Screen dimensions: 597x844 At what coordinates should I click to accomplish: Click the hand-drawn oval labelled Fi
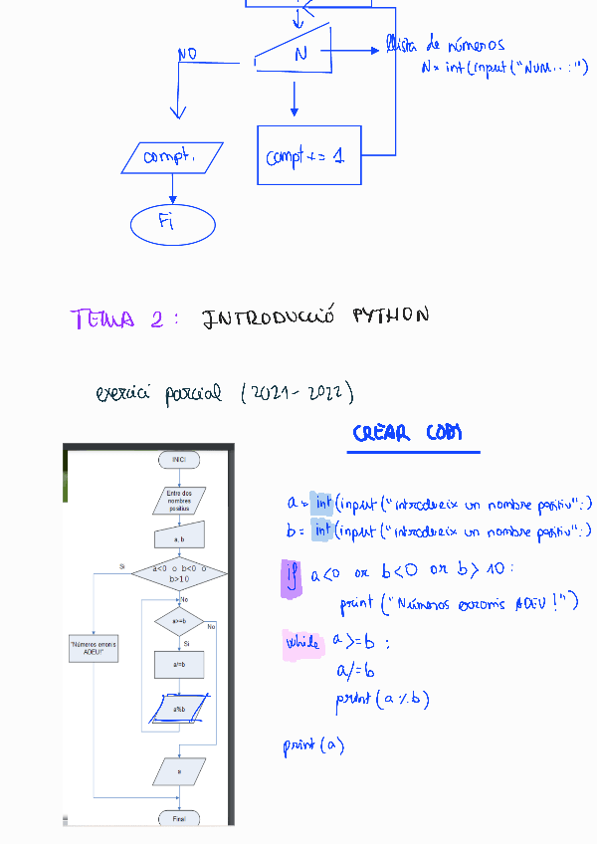(x=172, y=223)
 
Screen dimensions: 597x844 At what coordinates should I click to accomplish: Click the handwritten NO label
(x=187, y=54)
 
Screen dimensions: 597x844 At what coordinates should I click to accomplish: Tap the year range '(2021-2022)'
(x=298, y=393)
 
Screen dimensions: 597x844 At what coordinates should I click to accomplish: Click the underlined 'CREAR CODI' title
(x=408, y=434)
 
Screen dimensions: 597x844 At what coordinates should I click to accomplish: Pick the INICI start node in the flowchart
(x=179, y=460)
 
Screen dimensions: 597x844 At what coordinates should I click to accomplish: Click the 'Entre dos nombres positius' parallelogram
(x=179, y=500)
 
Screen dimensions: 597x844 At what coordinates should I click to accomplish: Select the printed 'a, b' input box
(x=179, y=538)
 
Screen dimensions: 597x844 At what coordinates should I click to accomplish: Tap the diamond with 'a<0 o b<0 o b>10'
(x=179, y=574)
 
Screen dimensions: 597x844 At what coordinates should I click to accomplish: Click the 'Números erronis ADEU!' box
(x=94, y=649)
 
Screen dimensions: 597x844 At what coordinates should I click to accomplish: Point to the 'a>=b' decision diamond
(x=179, y=622)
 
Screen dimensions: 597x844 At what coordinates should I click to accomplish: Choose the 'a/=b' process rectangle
(x=179, y=664)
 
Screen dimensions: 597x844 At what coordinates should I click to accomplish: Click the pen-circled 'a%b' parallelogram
(x=179, y=709)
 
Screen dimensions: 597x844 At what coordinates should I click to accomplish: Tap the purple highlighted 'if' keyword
(x=293, y=577)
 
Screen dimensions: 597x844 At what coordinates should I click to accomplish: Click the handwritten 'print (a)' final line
(x=313, y=744)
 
